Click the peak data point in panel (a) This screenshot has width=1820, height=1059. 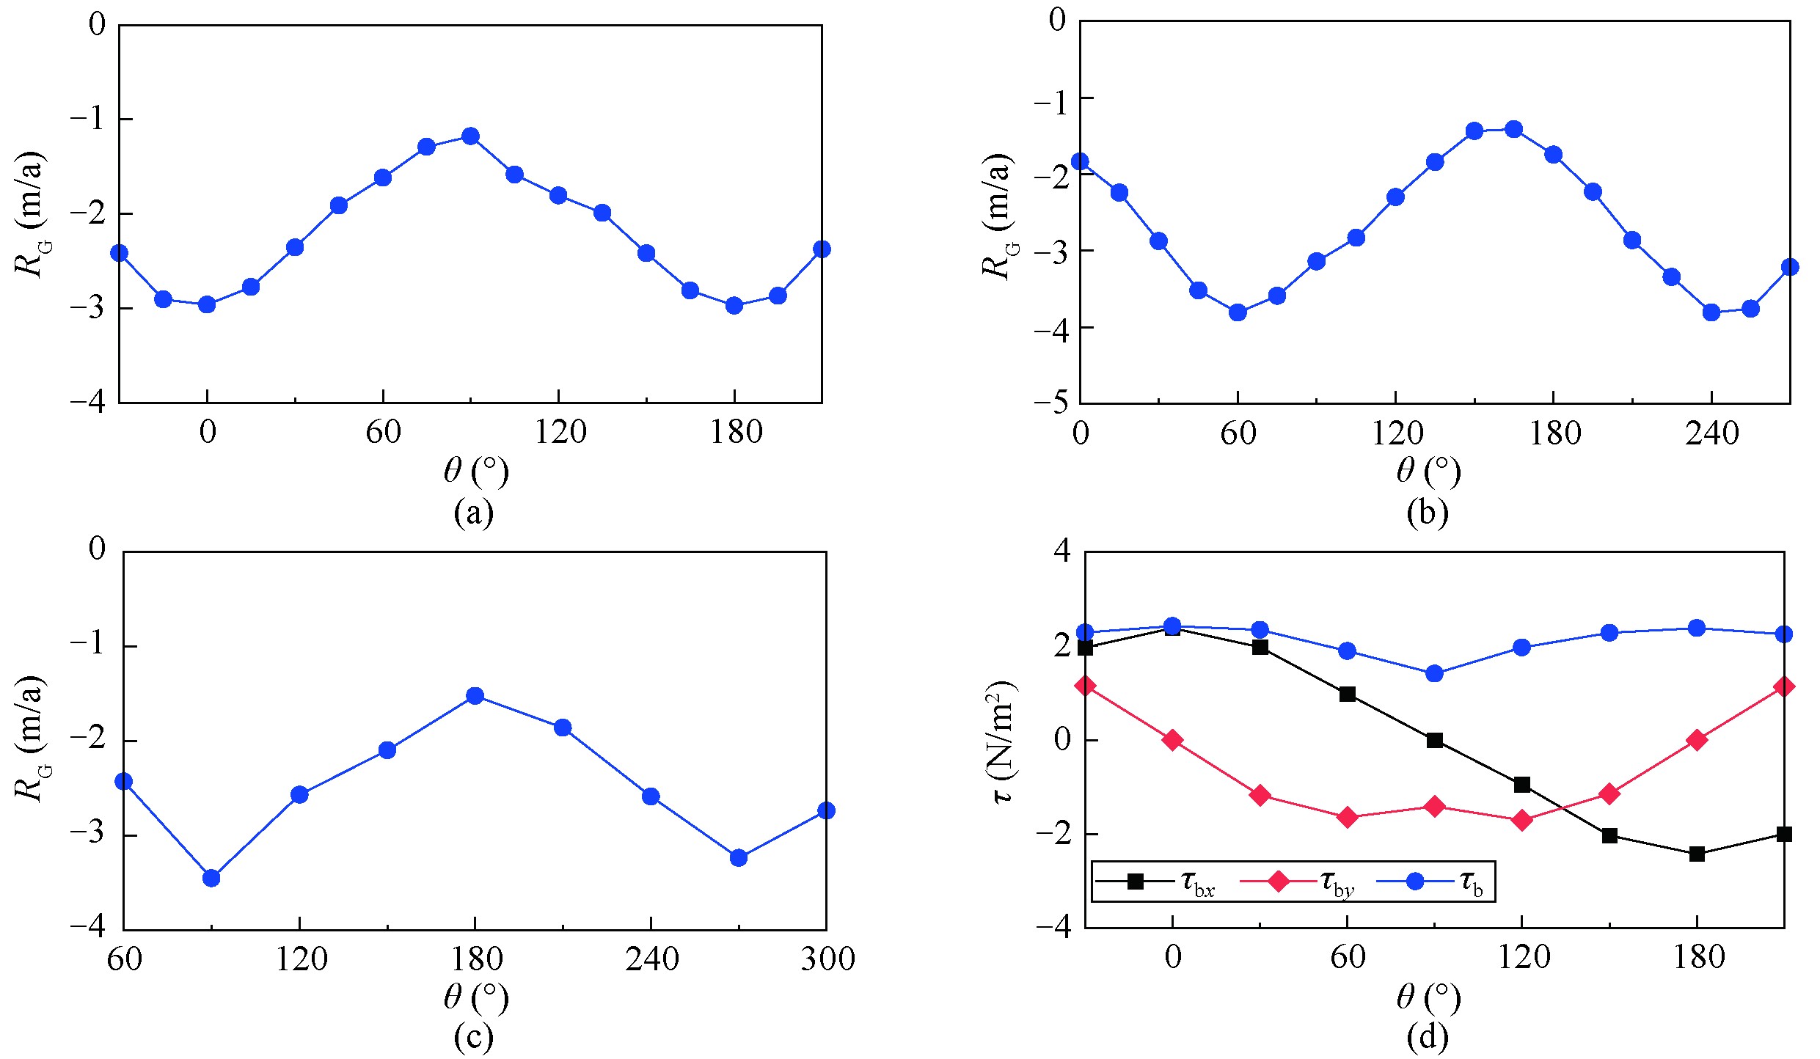(471, 136)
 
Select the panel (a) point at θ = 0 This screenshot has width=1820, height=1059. (208, 304)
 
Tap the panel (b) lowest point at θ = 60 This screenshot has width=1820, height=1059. (1238, 312)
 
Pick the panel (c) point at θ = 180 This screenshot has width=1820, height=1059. (475, 696)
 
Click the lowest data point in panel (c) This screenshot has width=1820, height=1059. (211, 878)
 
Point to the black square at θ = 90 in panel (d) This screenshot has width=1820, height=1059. (1435, 741)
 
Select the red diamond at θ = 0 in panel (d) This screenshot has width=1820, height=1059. (1172, 740)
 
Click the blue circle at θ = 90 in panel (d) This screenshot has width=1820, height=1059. (1435, 673)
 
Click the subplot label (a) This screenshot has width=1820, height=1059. (474, 513)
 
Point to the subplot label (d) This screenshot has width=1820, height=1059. (1428, 1037)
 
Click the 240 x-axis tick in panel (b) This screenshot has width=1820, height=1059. (1711, 434)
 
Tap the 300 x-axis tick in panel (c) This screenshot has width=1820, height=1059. (827, 959)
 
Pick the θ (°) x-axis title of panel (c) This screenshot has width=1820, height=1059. (475, 998)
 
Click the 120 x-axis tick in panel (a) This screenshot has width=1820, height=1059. (559, 433)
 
